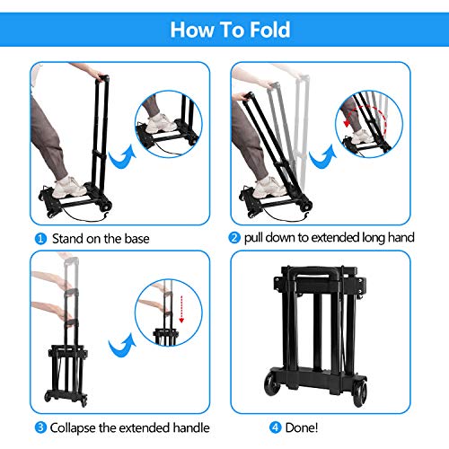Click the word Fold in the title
coord(262,30)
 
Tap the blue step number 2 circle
coord(234,239)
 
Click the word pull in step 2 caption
coord(257,239)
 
